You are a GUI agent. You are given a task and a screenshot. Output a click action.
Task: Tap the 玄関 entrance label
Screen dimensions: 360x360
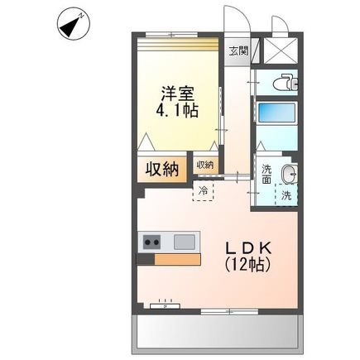point(239,51)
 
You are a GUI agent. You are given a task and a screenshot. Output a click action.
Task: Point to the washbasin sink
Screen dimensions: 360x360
point(289,174)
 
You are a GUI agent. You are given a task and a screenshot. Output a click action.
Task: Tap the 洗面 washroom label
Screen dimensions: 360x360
point(266,174)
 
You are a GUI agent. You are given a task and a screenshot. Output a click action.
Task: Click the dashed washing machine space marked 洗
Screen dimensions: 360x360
point(286,194)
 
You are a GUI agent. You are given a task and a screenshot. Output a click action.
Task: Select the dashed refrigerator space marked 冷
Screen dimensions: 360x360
point(204,190)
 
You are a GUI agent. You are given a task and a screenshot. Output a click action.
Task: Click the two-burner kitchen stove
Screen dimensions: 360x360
point(151,242)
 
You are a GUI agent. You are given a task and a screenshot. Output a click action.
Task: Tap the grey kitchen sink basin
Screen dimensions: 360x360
point(185,242)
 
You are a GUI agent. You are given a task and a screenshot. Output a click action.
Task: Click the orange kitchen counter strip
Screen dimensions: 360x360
point(177,260)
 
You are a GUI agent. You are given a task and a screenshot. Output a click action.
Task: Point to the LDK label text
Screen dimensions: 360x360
point(249,249)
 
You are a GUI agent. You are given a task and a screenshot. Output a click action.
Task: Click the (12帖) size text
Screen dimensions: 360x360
point(247,265)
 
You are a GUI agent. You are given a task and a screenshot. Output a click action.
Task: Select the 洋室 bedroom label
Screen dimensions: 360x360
point(178,94)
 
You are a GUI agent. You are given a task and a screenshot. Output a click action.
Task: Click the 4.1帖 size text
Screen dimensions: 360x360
point(177,111)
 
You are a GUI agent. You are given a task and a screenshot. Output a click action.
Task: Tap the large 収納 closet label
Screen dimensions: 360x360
point(162,169)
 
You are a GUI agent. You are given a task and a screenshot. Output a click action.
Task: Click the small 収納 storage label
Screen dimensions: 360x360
point(205,165)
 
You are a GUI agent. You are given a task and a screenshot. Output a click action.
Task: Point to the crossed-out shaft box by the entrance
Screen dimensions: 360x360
point(281,50)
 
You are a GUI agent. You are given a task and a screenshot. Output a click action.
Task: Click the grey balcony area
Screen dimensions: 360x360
point(218,334)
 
